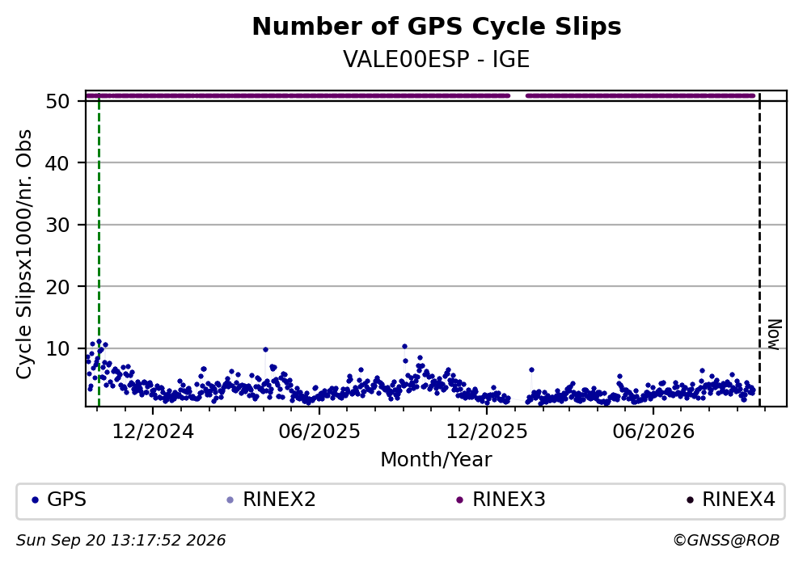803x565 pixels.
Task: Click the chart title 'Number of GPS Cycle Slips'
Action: coord(437,27)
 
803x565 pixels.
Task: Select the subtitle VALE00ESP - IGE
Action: coord(437,59)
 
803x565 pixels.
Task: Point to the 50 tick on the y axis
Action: coord(57,101)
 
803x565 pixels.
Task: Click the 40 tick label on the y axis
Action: coord(57,163)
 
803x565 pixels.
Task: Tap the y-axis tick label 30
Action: coord(57,226)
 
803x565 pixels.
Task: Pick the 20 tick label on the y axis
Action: coord(57,287)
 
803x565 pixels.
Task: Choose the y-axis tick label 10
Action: coord(57,349)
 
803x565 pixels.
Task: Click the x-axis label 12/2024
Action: coord(153,432)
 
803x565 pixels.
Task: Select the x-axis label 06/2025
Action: coord(319,432)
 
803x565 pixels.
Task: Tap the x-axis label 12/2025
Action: coord(487,432)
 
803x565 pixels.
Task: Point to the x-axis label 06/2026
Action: coord(653,432)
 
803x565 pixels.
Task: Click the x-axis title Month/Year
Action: coord(436,460)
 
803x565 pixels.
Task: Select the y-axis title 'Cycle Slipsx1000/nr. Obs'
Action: coord(24,255)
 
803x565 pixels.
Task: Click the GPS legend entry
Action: coord(59,500)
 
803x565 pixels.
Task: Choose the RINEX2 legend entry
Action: coord(272,500)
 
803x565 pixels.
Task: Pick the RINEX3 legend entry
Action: coord(501,500)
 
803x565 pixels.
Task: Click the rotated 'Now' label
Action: coord(776,335)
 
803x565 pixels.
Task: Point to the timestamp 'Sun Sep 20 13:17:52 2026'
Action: coord(120,541)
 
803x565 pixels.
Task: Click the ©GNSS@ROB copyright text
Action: coord(726,541)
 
